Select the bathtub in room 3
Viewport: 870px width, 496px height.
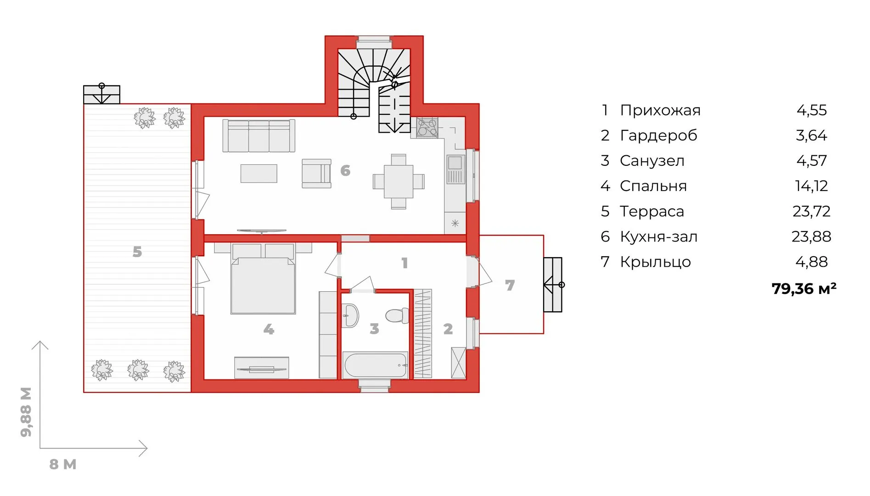pyautogui.click(x=376, y=365)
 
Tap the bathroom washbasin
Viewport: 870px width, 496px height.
pyautogui.click(x=350, y=316)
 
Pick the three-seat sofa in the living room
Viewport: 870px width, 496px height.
pyautogui.click(x=259, y=136)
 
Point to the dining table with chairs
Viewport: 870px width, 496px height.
pyautogui.click(x=399, y=181)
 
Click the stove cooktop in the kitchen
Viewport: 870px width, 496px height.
pyautogui.click(x=427, y=128)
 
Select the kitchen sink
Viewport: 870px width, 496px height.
pyautogui.click(x=455, y=169)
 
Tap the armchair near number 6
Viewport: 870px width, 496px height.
pyautogui.click(x=316, y=174)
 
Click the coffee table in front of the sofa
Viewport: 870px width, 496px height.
pyautogui.click(x=259, y=174)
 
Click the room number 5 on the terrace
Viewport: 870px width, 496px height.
pyautogui.click(x=137, y=252)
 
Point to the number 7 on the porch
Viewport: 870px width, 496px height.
pyautogui.click(x=510, y=285)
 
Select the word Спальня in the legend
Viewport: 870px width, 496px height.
pyautogui.click(x=653, y=186)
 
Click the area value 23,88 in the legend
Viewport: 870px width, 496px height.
pyautogui.click(x=811, y=237)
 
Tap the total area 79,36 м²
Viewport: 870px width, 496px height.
pyautogui.click(x=804, y=288)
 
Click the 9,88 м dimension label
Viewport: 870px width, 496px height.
pyautogui.click(x=26, y=412)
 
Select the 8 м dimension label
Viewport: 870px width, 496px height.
pyautogui.click(x=63, y=464)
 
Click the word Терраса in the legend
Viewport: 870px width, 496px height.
pyautogui.click(x=652, y=211)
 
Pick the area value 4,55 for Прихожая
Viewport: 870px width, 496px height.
pyautogui.click(x=812, y=110)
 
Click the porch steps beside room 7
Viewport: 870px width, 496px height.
pyautogui.click(x=553, y=285)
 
